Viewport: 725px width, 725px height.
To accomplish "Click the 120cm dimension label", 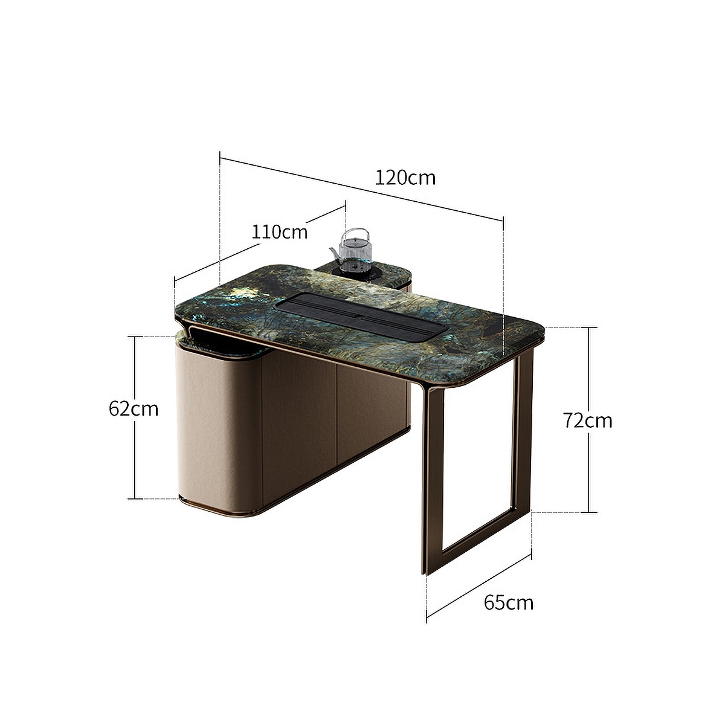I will (x=405, y=178).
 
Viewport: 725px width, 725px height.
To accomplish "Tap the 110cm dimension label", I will (x=280, y=231).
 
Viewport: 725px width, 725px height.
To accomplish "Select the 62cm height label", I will (x=134, y=409).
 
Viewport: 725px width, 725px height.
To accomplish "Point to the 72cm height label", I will (x=587, y=420).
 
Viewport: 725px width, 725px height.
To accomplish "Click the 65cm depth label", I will (x=509, y=602).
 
